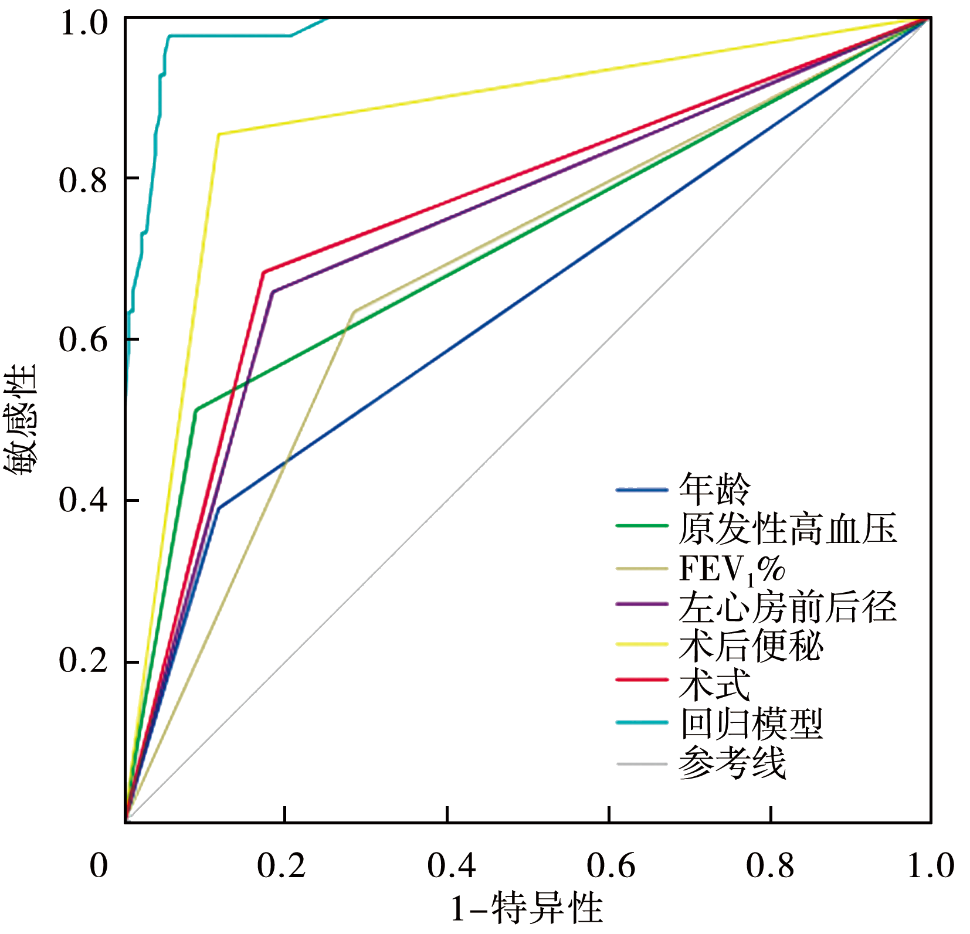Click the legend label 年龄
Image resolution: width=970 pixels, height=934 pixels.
pyautogui.click(x=714, y=490)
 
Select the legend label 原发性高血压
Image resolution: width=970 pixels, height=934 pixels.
pyautogui.click(x=788, y=528)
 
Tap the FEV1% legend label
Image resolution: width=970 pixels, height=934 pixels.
pyautogui.click(x=732, y=568)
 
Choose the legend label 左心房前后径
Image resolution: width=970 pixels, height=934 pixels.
pyautogui.click(x=788, y=607)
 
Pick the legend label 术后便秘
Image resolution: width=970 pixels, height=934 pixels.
pyautogui.click(x=751, y=646)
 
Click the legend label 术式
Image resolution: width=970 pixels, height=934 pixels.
pyautogui.click(x=714, y=684)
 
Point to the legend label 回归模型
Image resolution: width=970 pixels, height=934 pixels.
pyautogui.click(x=751, y=724)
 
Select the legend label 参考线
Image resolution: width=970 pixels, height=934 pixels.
pyautogui.click(x=732, y=763)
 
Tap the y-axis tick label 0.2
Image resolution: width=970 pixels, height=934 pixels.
pyautogui.click(x=83, y=661)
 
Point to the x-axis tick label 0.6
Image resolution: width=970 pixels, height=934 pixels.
pyautogui.click(x=611, y=865)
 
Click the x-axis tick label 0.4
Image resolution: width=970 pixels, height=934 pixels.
pyautogui.click(x=451, y=865)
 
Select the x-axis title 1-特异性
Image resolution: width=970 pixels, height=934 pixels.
pyautogui.click(x=526, y=908)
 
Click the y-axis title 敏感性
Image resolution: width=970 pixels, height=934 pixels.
pyautogui.click(x=21, y=419)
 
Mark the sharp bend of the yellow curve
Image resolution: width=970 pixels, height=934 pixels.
pyautogui.click(x=219, y=134)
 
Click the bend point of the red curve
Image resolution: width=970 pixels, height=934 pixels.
pyautogui.click(x=263, y=272)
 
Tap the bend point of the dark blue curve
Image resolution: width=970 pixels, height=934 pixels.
pyautogui.click(x=219, y=508)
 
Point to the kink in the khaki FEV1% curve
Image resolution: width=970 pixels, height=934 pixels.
pyautogui.click(x=354, y=311)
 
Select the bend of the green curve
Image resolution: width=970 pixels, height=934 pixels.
pyautogui.click(x=196, y=409)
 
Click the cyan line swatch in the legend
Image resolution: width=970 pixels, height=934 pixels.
pyautogui.click(x=642, y=723)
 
